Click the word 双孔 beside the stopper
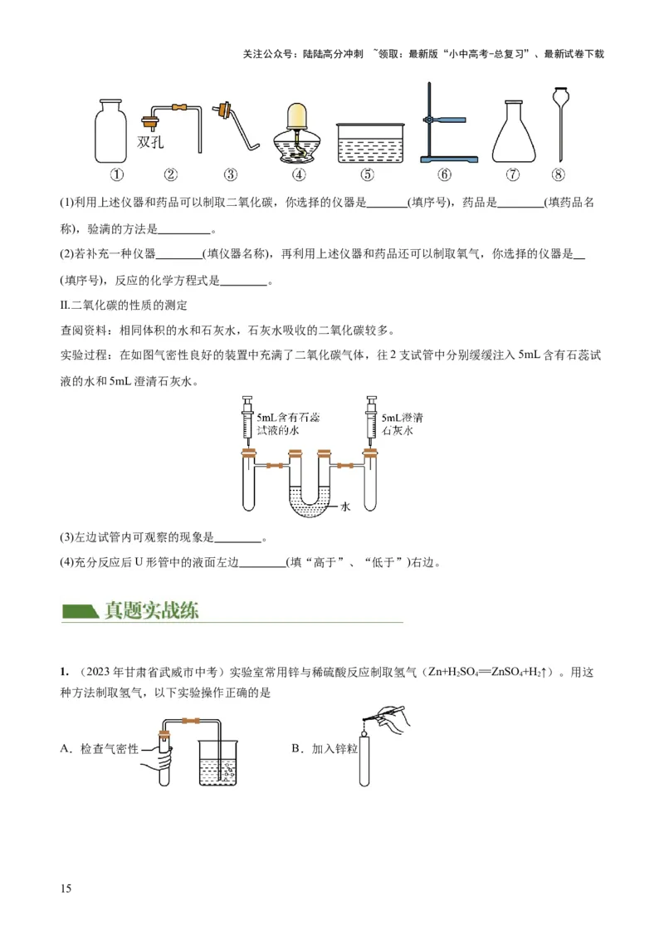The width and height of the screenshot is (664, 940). click(150, 142)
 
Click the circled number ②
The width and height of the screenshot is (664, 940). click(171, 175)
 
